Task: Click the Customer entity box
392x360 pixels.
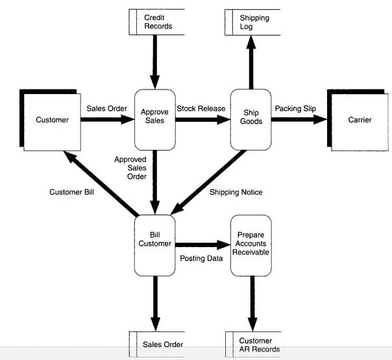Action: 51,121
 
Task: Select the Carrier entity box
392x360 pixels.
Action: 360,121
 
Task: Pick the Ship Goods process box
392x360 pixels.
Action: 251,120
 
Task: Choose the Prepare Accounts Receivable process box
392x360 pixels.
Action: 251,244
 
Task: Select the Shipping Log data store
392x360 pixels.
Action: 254,22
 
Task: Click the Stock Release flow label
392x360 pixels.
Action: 201,108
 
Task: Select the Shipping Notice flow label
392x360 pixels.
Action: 236,192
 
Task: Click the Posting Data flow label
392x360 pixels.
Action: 201,259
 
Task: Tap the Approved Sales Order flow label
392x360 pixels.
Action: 130,167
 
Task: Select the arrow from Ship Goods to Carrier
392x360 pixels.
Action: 298,120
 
